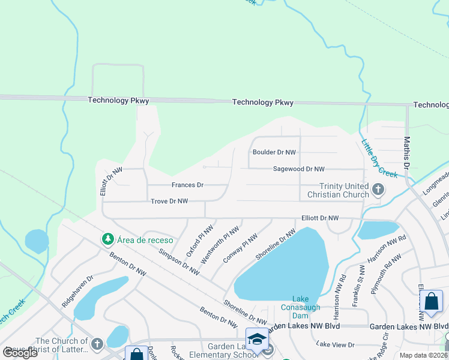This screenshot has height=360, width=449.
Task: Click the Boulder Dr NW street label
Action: (x=274, y=152)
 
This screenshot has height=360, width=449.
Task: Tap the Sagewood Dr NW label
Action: (x=298, y=170)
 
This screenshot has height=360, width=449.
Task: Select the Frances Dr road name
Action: (x=187, y=185)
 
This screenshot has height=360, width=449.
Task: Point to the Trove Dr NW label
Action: (x=169, y=202)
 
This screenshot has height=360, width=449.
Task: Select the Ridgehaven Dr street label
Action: (x=77, y=292)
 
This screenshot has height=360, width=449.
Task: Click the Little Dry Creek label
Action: (x=379, y=158)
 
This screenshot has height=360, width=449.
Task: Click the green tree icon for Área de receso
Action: (x=107, y=239)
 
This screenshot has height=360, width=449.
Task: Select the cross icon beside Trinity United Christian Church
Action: (x=378, y=190)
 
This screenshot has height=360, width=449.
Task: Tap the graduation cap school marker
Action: (x=257, y=338)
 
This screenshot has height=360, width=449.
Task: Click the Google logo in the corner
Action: (x=20, y=353)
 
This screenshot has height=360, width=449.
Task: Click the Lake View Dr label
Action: (x=336, y=344)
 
